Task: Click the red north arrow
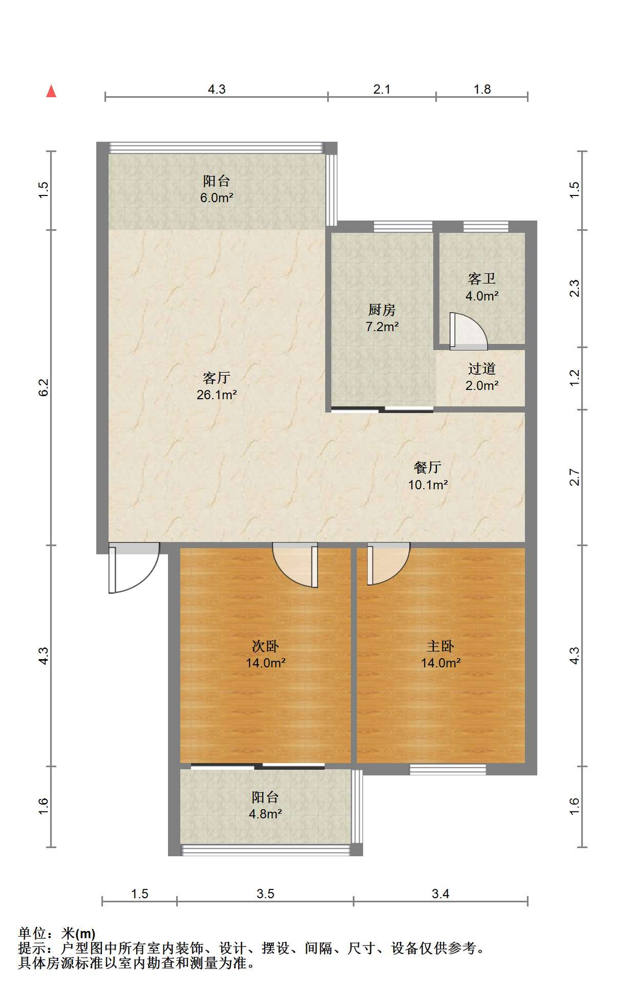51,91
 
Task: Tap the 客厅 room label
216,377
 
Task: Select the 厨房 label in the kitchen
382,310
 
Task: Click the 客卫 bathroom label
482,279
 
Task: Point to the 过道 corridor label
482,369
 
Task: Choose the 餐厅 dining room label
428,467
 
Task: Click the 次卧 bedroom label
265,646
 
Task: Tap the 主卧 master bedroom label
441,646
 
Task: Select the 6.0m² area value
216,198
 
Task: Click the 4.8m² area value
265,814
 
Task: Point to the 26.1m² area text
216,395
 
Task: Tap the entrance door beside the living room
133,568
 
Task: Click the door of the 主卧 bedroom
389,564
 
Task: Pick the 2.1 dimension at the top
382,89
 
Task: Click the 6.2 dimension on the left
44,387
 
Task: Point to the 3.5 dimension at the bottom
265,894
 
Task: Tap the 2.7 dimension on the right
574,477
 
